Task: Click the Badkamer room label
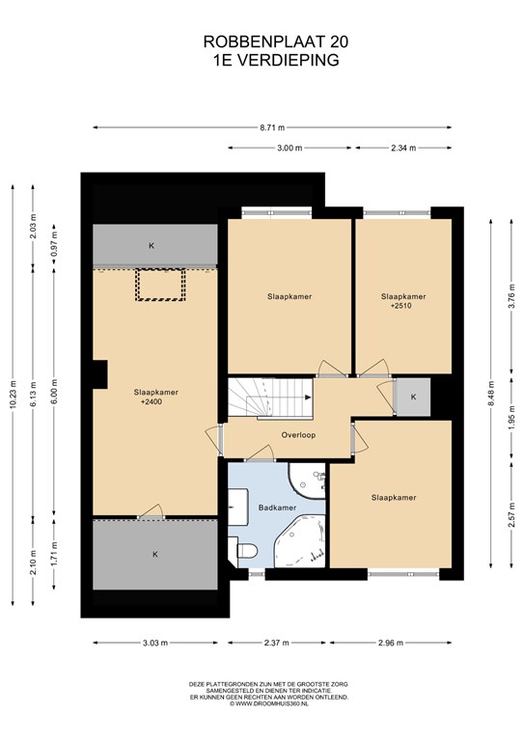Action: pos(277,508)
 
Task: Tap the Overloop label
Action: pos(298,435)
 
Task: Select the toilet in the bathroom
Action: pos(246,550)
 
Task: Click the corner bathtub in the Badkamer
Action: pos(300,541)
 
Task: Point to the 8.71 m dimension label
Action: pos(273,127)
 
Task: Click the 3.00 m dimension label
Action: pos(290,148)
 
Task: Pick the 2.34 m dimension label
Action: pos(403,148)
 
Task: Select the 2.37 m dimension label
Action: pos(276,643)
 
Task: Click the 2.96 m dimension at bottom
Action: pos(390,643)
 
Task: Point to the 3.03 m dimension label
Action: pos(155,643)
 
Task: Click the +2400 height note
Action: pos(152,402)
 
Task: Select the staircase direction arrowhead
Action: pos(309,398)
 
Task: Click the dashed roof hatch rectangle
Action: pos(160,285)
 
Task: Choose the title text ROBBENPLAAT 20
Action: pos(276,42)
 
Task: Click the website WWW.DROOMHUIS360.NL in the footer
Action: pos(268,703)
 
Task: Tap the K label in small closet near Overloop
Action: pos(413,397)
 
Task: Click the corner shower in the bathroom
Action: pos(307,480)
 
